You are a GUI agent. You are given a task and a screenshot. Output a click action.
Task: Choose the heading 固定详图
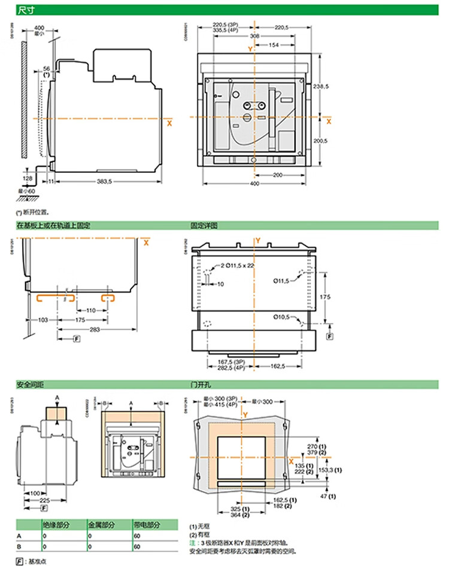202,226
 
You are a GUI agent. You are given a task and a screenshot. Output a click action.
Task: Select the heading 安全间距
29,384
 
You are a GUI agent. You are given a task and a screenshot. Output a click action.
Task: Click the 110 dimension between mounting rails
90,311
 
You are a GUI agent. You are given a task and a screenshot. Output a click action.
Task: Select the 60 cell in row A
138,536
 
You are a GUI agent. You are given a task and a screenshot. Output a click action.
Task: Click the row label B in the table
19,547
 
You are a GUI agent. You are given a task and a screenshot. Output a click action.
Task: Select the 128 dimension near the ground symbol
28,178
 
